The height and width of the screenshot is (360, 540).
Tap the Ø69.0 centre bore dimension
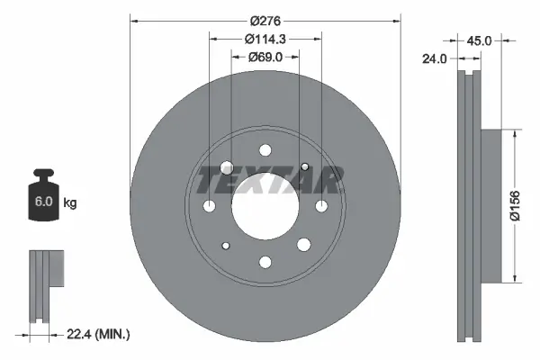265,57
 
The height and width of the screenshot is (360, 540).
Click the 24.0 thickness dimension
436,59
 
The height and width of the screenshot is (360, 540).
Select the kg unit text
70,203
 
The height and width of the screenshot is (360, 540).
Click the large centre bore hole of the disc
265,206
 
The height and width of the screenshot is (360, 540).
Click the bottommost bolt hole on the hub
265,262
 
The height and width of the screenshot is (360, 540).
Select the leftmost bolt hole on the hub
210,206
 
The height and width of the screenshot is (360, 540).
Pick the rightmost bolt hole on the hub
321,206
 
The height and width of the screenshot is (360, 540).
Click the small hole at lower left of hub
226,246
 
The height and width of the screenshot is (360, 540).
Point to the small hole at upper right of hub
305,166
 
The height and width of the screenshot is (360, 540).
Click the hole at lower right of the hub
305,246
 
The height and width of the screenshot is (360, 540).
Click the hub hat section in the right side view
490,204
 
